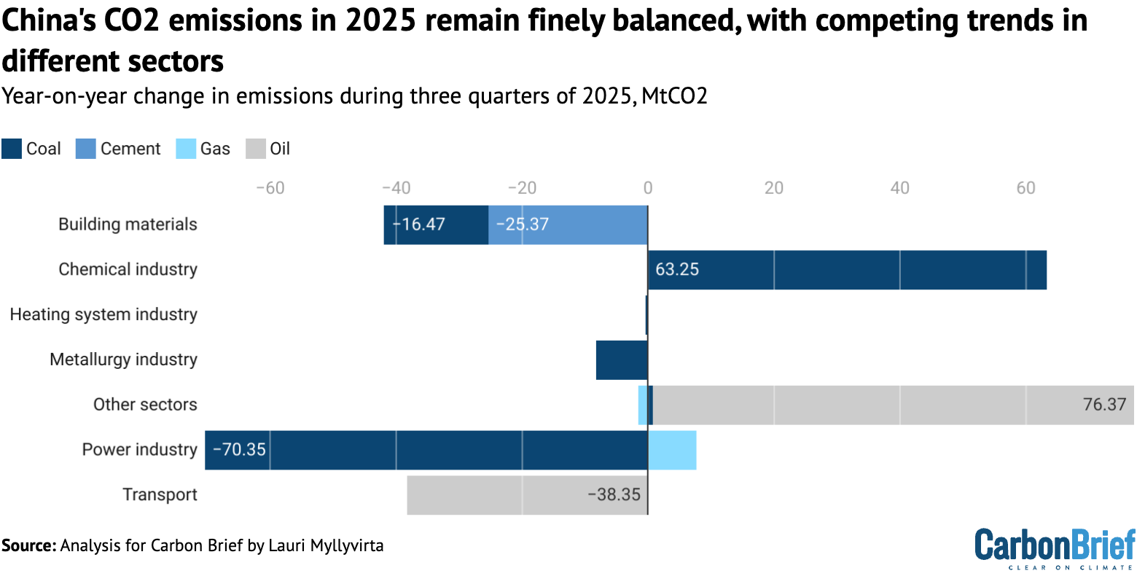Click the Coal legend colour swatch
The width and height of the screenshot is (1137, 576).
12,149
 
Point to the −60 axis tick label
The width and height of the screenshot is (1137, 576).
270,188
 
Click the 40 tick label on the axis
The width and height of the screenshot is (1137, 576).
899,188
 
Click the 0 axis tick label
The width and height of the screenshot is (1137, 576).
648,188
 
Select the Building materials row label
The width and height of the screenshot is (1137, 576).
128,224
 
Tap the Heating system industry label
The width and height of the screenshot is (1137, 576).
103,314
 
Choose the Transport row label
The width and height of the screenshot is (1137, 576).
160,495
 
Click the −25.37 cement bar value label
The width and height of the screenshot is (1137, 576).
522,225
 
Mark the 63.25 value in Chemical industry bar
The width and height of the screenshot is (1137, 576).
677,270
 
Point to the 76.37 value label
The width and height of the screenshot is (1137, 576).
1104,405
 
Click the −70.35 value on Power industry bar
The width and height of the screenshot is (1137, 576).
239,450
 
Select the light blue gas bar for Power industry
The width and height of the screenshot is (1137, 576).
672,450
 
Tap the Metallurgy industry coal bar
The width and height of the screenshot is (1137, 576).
622,359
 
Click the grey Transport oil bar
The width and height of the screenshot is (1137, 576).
496,495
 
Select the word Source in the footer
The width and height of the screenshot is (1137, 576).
27,545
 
